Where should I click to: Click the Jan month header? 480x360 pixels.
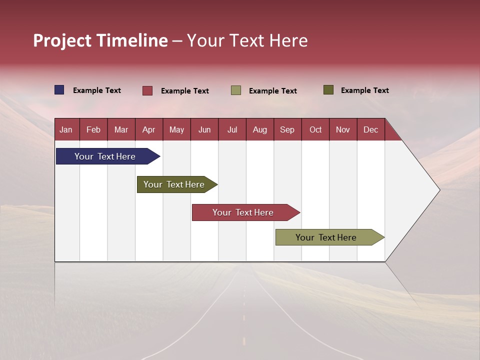(66, 129)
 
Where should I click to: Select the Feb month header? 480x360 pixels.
(93, 129)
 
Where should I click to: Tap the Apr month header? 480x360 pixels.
(149, 129)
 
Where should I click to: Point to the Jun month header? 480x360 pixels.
(204, 129)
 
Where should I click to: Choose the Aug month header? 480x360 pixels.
(260, 129)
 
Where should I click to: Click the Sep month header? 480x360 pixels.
(287, 129)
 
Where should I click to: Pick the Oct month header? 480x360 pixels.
(315, 129)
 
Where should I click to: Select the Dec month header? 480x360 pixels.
(371, 129)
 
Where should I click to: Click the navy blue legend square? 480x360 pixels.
(59, 90)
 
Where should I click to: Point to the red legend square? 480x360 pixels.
(147, 90)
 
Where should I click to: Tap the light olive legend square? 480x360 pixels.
(236, 90)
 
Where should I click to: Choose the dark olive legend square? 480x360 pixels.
(328, 90)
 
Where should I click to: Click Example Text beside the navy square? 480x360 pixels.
(97, 90)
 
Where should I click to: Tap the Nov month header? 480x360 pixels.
(343, 129)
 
